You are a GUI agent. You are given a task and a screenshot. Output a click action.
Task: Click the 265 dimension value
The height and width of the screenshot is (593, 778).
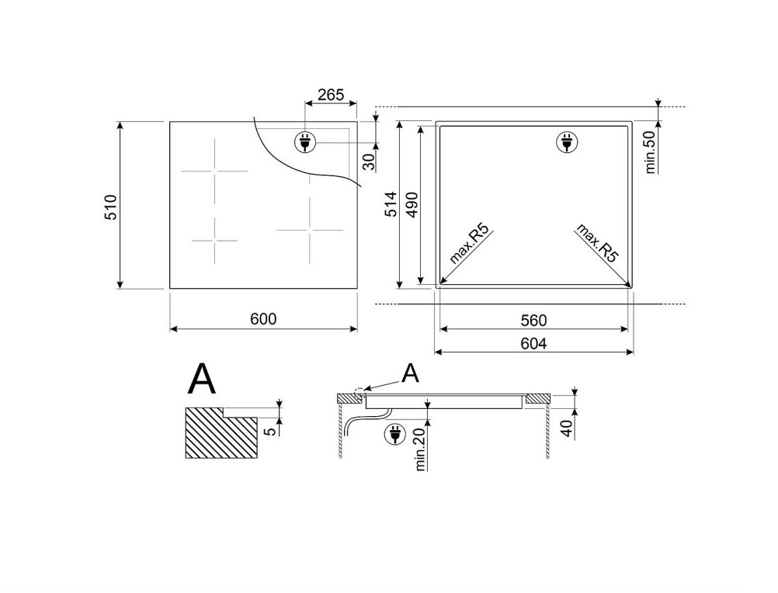click(331, 95)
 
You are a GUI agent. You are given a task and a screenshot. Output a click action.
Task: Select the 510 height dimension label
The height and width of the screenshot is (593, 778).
click(111, 207)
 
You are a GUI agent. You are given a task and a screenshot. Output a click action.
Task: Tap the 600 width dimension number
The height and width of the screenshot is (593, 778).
click(263, 319)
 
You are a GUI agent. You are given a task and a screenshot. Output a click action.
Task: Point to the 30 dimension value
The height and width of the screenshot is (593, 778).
click(369, 161)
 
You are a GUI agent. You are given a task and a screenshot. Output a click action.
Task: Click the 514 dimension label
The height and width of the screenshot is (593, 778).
click(391, 204)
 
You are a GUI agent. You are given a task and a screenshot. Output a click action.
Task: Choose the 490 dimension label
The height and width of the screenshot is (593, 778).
click(413, 204)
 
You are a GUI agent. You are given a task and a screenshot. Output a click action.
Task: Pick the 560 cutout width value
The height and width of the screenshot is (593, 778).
click(534, 321)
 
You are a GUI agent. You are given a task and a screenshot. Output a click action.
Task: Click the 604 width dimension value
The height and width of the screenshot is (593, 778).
click(534, 343)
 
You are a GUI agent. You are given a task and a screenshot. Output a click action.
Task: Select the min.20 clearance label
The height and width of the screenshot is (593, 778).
click(421, 448)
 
